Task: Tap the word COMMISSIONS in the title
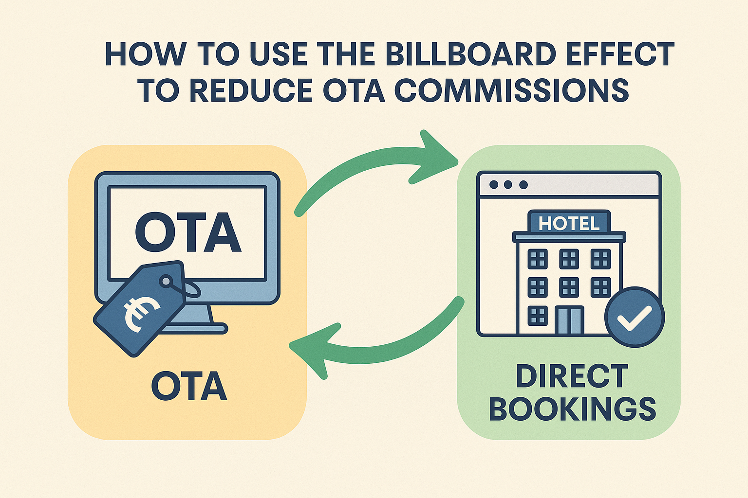(512, 90)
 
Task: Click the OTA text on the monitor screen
(187, 232)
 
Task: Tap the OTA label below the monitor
(189, 386)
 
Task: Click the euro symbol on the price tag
(141, 314)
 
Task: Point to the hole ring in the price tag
(166, 281)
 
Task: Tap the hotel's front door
(569, 320)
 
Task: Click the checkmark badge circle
(635, 317)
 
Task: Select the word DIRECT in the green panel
(572, 376)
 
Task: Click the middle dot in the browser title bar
(508, 184)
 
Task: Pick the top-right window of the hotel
(601, 259)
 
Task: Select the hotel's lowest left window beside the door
(538, 316)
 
